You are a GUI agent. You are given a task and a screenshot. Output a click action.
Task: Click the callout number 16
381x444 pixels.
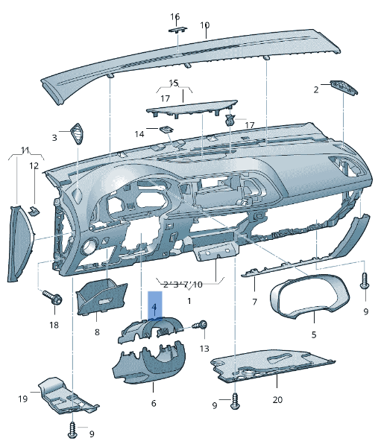(x=175, y=16)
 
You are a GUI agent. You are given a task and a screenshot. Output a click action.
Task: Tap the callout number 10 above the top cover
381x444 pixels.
(x=205, y=25)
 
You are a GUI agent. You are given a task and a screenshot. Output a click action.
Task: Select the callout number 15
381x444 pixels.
(x=174, y=83)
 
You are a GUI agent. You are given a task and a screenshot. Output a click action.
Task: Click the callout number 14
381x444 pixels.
(x=139, y=134)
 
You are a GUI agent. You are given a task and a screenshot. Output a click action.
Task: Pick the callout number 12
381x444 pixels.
(x=34, y=166)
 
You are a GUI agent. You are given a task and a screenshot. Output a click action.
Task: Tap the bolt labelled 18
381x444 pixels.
(x=54, y=299)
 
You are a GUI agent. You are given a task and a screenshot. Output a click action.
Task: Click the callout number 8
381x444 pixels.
(x=97, y=332)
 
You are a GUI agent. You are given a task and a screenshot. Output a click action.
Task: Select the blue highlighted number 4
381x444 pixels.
(x=154, y=307)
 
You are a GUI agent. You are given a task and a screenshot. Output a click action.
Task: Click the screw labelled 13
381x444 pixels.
(x=202, y=326)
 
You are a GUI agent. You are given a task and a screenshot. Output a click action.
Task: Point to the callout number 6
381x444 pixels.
(x=154, y=403)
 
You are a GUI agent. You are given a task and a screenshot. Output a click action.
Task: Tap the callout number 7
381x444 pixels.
(x=254, y=302)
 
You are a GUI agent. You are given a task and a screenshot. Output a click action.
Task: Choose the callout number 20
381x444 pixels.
(x=278, y=400)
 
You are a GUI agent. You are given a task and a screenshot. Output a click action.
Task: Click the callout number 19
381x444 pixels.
(x=23, y=399)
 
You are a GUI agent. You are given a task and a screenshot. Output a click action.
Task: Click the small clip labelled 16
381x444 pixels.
(x=177, y=29)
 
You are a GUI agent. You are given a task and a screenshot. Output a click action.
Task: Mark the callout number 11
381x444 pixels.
(x=25, y=150)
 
